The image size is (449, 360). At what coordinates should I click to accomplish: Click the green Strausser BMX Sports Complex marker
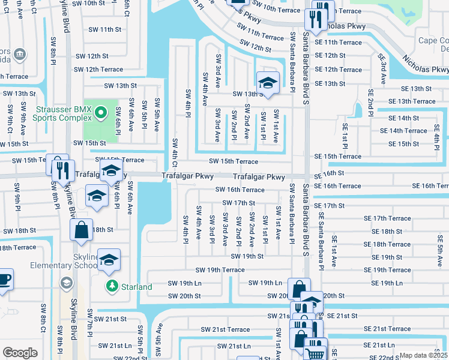coord(101,112)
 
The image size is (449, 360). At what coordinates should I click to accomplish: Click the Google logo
coord(20,352)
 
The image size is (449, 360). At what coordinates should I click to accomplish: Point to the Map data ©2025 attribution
coord(423,355)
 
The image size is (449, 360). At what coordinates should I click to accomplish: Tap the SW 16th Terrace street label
coord(240,190)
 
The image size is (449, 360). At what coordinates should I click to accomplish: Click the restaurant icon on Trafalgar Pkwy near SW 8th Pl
coord(63,170)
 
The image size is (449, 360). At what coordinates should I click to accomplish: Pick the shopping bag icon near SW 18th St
coord(81,230)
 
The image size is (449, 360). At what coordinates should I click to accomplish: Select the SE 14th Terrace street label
coord(408,131)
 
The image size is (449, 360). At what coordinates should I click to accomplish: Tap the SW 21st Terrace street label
coord(225,329)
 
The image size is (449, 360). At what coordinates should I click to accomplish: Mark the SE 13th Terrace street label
coord(412,101)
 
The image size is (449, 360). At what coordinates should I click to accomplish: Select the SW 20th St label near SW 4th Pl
coord(184,296)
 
